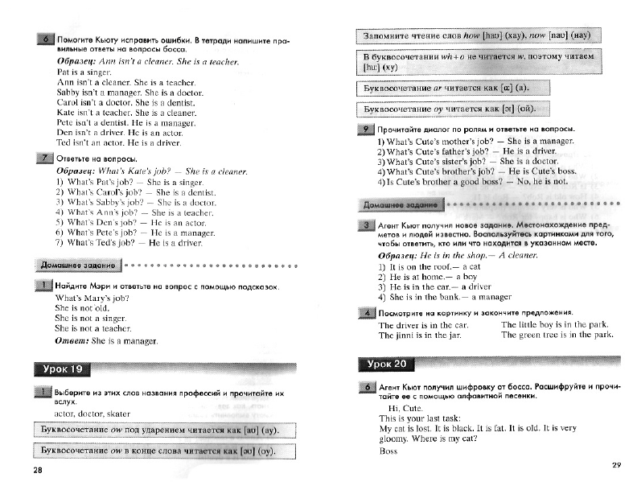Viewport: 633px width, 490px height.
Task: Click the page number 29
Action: point(617,464)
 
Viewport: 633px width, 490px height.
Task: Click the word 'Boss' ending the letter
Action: point(388,451)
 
